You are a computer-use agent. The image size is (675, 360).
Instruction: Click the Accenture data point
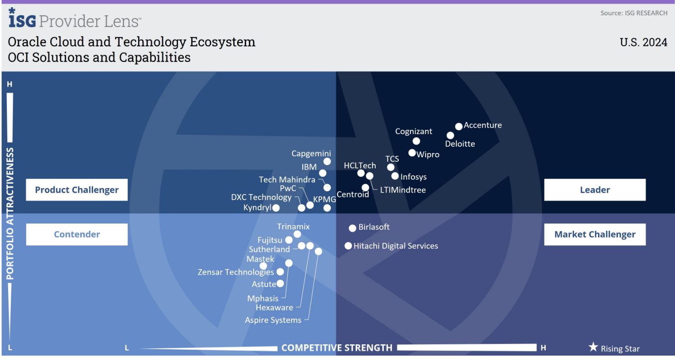point(459,126)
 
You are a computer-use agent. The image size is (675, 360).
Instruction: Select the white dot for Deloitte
point(450,135)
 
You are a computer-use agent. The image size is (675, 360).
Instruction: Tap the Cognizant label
point(414,131)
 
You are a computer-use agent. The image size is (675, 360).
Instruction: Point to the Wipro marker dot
point(412,153)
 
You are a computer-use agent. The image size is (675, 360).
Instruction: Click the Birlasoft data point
point(352,228)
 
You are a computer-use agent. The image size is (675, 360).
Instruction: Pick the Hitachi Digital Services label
point(396,246)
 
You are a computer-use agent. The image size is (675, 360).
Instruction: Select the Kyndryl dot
point(276,208)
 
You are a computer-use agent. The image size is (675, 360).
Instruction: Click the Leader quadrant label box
point(594,190)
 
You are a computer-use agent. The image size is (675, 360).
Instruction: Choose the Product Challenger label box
point(77,190)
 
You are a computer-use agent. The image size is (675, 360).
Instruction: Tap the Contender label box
point(77,234)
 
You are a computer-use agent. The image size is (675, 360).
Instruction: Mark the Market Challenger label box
point(594,234)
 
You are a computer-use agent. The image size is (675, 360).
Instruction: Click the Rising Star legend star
point(593,347)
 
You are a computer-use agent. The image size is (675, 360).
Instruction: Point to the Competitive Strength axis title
point(337,347)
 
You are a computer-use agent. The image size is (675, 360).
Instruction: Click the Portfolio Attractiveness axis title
point(10,214)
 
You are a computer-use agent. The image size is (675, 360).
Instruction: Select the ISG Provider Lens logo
point(75,19)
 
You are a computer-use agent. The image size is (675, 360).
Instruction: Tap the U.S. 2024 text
point(643,42)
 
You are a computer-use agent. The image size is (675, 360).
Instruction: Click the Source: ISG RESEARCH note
point(634,13)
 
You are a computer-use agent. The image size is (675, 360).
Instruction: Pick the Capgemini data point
point(327,162)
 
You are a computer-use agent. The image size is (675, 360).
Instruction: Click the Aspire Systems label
point(273,320)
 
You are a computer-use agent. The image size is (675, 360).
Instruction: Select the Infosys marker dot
point(395,176)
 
